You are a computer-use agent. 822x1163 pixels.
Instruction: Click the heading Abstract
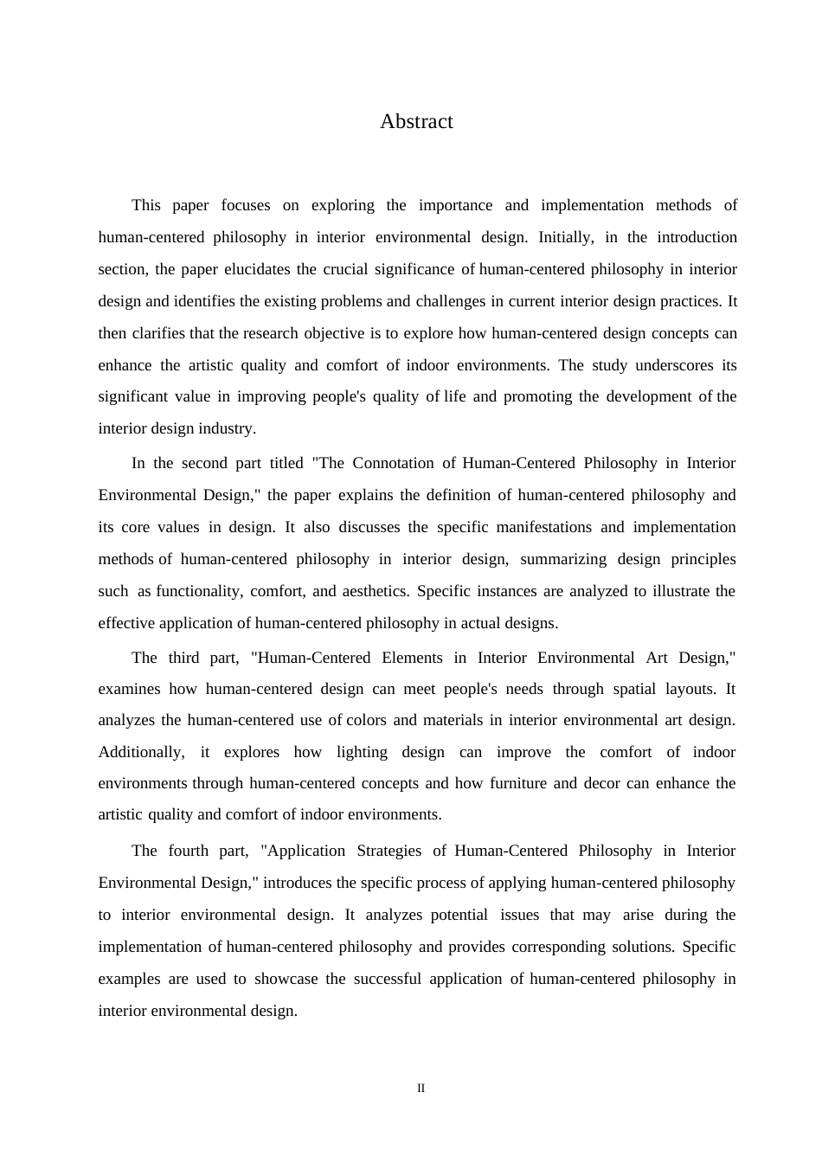coord(416,122)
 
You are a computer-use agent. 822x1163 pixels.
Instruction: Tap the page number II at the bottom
coord(421,1089)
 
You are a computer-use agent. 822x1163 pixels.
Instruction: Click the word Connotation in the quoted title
coord(394,463)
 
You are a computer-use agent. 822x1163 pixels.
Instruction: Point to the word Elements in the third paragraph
coord(412,658)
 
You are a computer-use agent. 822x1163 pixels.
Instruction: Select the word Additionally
coord(141,752)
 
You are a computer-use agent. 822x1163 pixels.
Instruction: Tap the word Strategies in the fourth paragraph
coord(389,851)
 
